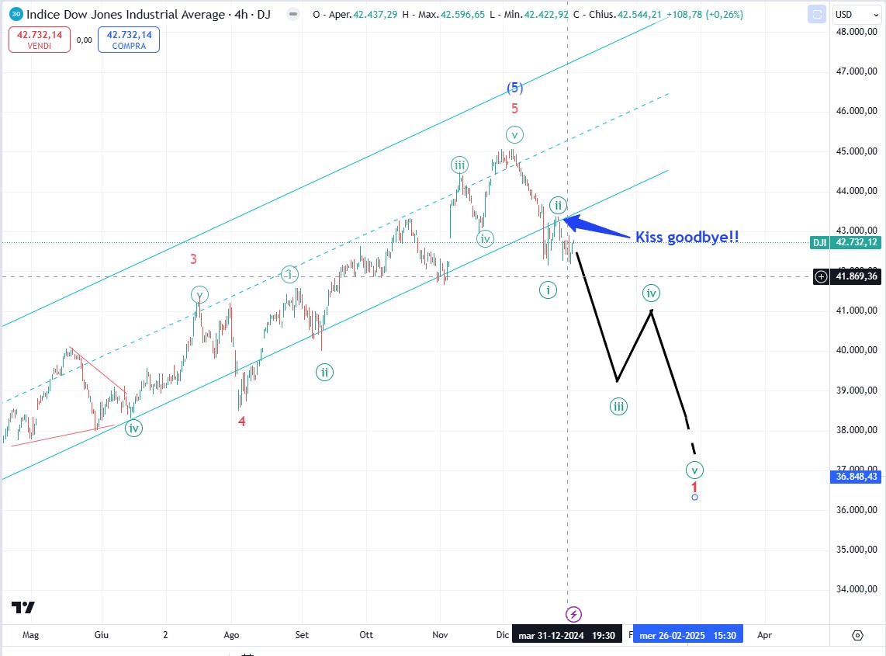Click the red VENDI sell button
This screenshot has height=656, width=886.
pyautogui.click(x=40, y=40)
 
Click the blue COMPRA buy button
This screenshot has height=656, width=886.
pyautogui.click(x=129, y=40)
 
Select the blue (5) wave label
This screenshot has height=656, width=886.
pyautogui.click(x=514, y=88)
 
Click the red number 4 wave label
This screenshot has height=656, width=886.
pyautogui.click(x=242, y=422)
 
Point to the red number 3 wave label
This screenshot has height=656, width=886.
pyautogui.click(x=193, y=259)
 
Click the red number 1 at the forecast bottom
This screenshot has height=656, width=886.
pyautogui.click(x=694, y=486)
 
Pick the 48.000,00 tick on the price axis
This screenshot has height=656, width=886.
pyautogui.click(x=857, y=32)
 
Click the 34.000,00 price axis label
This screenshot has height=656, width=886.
pyautogui.click(x=857, y=589)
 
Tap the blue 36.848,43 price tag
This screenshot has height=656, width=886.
pyautogui.click(x=857, y=477)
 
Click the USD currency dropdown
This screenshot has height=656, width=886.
pyautogui.click(x=854, y=15)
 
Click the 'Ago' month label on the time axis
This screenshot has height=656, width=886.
pyautogui.click(x=232, y=634)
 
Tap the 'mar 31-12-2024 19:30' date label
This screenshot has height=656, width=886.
pyautogui.click(x=566, y=635)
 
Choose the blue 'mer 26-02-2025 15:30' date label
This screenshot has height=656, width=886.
pyautogui.click(x=687, y=635)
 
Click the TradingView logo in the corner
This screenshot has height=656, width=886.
pyautogui.click(x=23, y=608)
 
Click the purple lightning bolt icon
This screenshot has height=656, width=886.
pyautogui.click(x=573, y=614)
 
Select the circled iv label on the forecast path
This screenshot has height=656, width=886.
pyautogui.click(x=651, y=293)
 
